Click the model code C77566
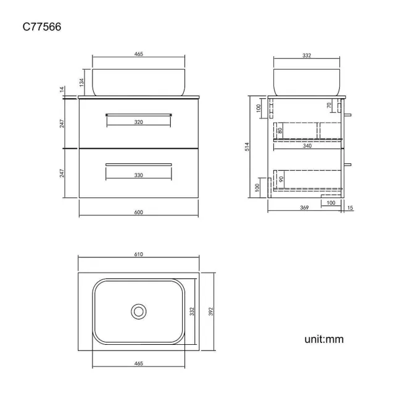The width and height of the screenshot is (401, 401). (x=42, y=27)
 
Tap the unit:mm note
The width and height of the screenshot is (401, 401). (x=324, y=339)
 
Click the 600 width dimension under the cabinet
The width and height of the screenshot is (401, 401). (x=138, y=212)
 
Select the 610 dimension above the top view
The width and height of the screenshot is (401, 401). (x=138, y=254)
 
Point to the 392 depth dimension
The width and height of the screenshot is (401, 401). (x=211, y=312)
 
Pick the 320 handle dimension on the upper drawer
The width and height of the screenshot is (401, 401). (x=138, y=122)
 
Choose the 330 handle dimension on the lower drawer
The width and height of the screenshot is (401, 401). (x=138, y=175)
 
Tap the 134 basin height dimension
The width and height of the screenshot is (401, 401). (x=81, y=82)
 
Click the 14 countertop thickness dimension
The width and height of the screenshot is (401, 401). (x=62, y=89)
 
